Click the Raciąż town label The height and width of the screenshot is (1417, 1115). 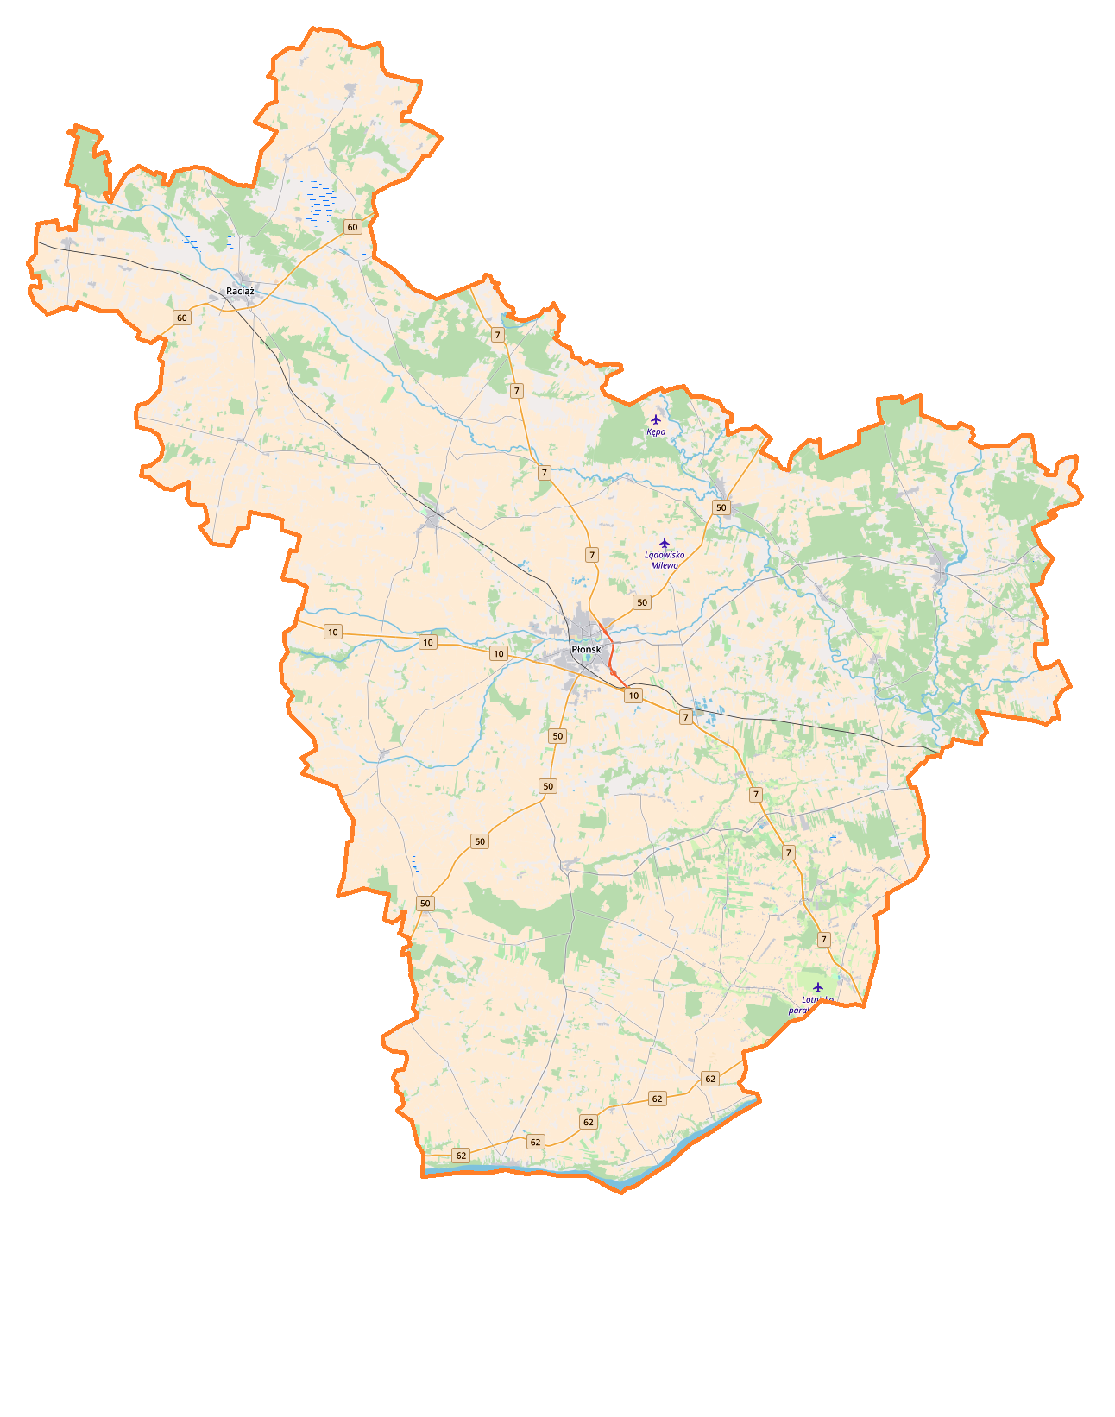[240, 291]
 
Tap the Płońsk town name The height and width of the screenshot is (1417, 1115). [586, 649]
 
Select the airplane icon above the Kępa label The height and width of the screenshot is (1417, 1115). [656, 419]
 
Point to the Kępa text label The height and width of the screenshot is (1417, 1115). [656, 431]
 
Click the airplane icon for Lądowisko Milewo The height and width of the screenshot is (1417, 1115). [665, 543]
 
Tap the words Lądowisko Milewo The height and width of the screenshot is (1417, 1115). [665, 560]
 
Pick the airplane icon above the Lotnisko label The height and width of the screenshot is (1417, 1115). [818, 987]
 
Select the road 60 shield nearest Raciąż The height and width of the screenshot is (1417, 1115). [181, 318]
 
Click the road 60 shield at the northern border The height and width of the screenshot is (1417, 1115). [352, 227]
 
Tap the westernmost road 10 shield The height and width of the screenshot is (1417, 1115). [333, 633]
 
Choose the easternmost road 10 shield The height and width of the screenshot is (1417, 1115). [633, 696]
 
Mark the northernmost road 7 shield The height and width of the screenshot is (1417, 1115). [497, 335]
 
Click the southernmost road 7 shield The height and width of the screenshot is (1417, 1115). [824, 940]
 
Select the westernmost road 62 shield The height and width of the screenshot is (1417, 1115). [461, 1155]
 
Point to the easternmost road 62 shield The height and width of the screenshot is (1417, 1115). [710, 1079]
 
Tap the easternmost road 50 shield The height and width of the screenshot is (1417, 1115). [721, 507]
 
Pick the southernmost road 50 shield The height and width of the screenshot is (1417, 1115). [425, 904]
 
